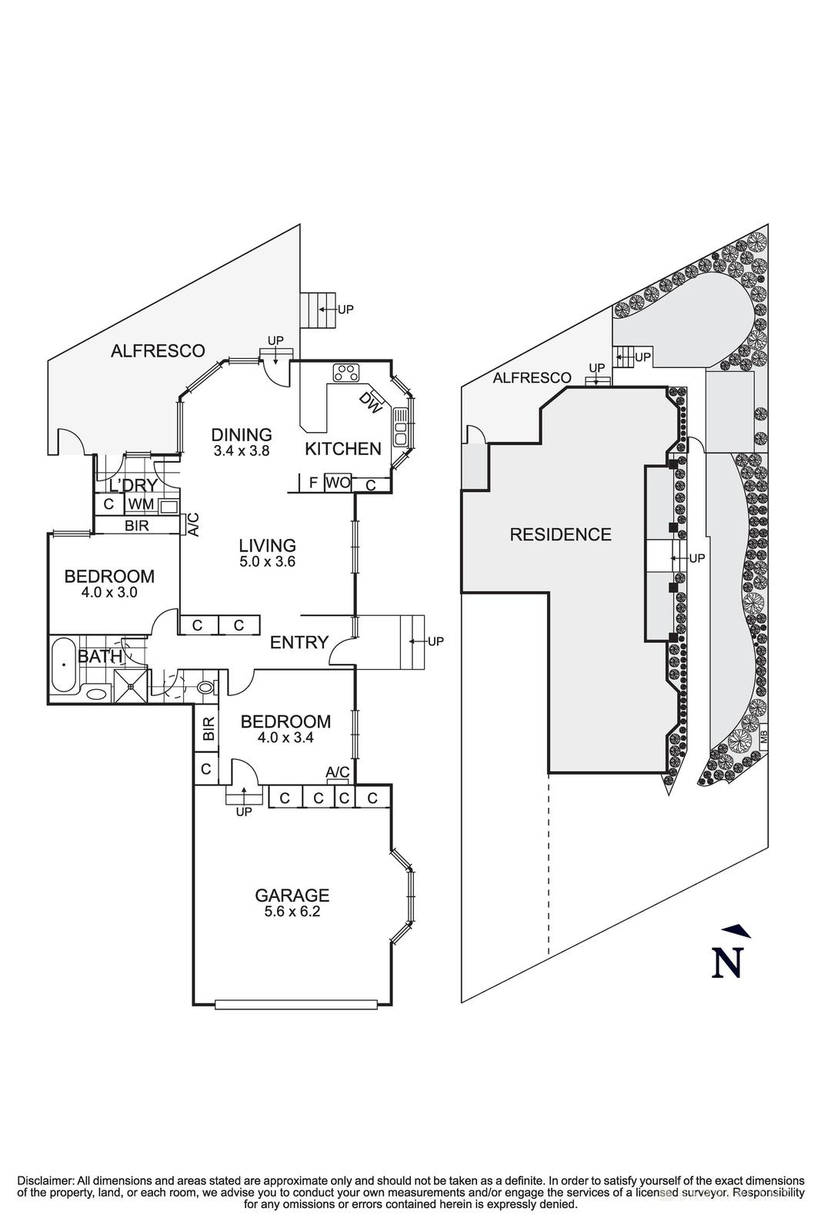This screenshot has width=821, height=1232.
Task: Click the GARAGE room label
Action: pos(292,895)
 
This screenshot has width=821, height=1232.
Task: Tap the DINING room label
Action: pos(242,434)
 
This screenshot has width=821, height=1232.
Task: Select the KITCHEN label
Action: pos(343,449)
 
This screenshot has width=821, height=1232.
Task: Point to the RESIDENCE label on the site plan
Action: pos(560,534)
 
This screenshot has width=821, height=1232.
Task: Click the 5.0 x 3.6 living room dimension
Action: pos(268,561)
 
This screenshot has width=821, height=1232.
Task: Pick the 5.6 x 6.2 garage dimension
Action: pos(292,912)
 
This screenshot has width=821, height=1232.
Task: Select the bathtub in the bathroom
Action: pos(65,664)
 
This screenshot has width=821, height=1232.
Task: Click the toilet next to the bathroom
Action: pos(206,687)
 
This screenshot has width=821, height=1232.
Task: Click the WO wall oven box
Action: pos(338,482)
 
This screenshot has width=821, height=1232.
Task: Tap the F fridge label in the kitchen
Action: pos(313,483)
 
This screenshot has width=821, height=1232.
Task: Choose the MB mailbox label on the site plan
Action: pos(763,736)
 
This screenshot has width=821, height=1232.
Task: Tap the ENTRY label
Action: pos(299,642)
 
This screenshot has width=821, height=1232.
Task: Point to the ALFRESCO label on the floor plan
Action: pos(158,350)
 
